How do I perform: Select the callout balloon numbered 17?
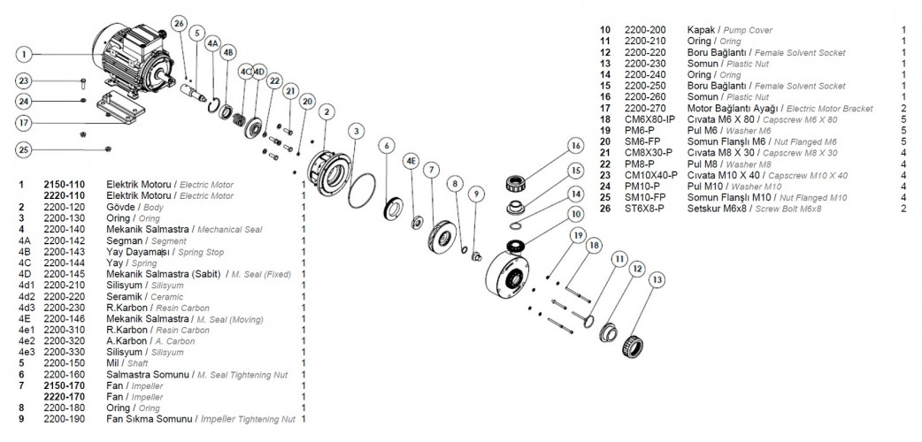coord(26,122)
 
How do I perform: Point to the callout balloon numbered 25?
coord(26,149)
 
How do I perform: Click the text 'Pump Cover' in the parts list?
coord(748,30)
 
